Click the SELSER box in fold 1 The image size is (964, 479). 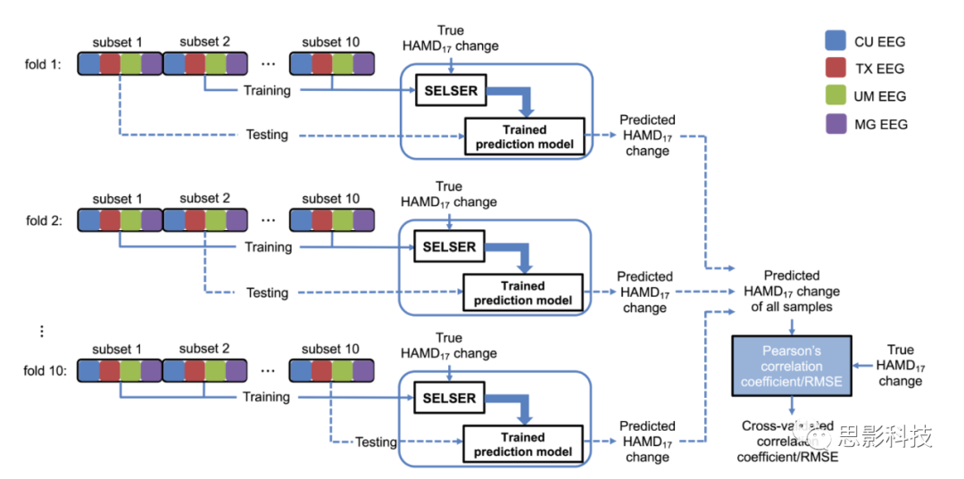coord(451,90)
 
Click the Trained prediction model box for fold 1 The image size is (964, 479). coord(524,136)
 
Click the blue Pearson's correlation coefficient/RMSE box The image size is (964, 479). coord(791,367)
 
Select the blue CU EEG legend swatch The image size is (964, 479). coord(836,41)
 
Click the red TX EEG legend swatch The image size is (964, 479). coord(836,69)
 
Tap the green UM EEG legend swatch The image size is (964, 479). coord(836,96)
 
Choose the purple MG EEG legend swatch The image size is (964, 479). coord(836,124)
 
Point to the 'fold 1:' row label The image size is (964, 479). coord(44,64)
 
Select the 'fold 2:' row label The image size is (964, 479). coord(44,220)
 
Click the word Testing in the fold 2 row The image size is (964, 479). coord(267,293)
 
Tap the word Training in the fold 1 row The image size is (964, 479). coord(267,90)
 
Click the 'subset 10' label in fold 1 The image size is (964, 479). coord(332,42)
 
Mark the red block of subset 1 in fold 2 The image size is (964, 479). coord(110,220)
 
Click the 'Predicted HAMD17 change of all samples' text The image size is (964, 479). coord(791,292)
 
